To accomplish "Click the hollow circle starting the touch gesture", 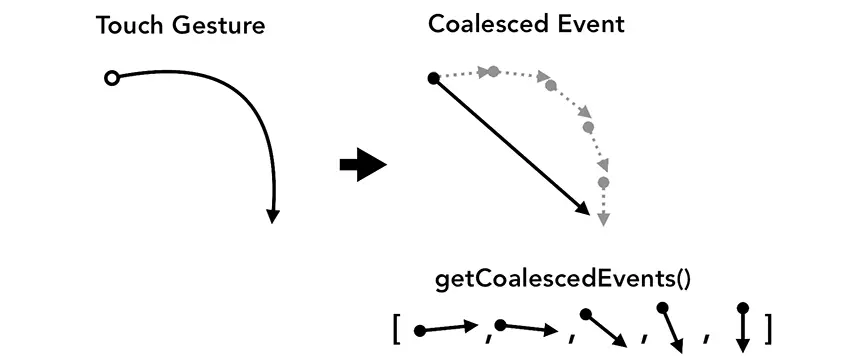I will coord(111,78).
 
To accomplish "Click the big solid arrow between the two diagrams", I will coord(362,164).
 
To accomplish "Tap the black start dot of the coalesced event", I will coord(434,78).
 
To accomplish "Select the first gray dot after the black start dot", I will coord(492,71).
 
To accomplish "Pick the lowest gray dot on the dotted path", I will coord(603,182).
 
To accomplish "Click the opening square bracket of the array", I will coord(397,327).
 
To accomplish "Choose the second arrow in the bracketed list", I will coord(526,326).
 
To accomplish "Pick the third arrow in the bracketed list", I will coord(605,328).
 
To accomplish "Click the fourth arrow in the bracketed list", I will coord(671,327).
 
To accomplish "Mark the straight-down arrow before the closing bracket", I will coord(742,327).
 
